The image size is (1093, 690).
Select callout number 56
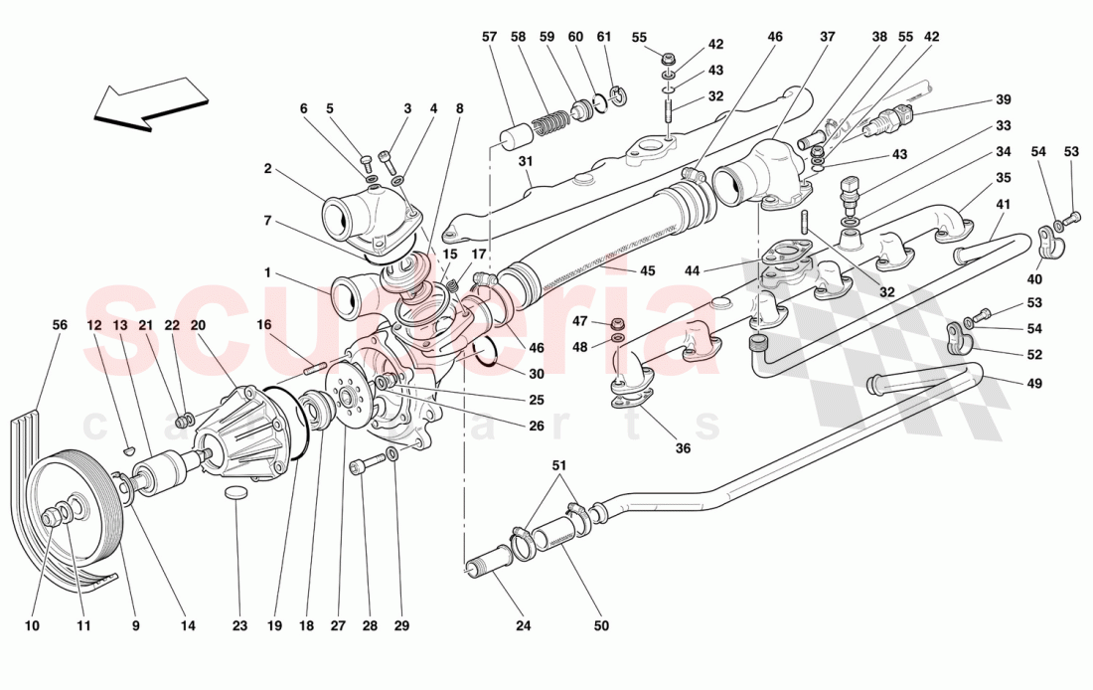click(x=60, y=325)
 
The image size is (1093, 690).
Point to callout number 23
click(x=238, y=626)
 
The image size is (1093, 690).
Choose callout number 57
click(x=489, y=38)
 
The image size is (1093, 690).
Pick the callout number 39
click(x=1003, y=99)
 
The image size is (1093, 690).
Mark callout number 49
click(x=1034, y=382)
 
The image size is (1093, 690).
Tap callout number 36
click(x=682, y=448)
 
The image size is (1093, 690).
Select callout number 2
click(x=267, y=169)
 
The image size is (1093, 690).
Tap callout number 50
click(x=601, y=626)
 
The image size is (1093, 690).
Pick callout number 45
click(x=648, y=270)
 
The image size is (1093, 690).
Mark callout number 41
click(x=1003, y=206)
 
